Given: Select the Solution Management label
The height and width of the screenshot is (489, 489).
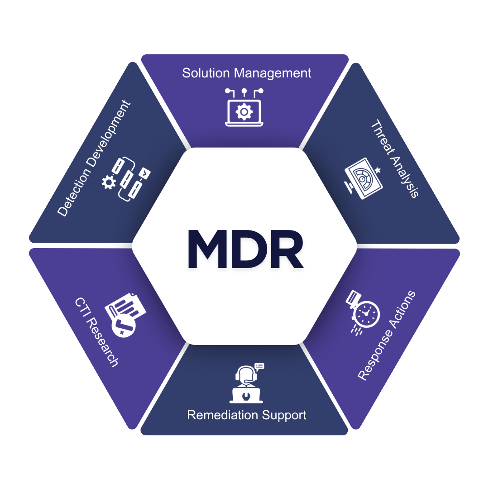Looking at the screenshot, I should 247,73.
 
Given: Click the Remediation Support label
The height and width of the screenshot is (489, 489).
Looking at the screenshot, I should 247,415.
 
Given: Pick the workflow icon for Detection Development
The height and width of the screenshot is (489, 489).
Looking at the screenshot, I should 127,179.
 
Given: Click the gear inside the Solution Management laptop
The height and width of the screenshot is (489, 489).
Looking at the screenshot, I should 244,111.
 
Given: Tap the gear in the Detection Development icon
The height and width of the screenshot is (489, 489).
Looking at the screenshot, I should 109,182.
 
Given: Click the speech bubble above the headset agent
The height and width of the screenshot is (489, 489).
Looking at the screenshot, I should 259,366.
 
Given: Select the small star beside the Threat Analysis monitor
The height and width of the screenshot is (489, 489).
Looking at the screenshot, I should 378,170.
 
